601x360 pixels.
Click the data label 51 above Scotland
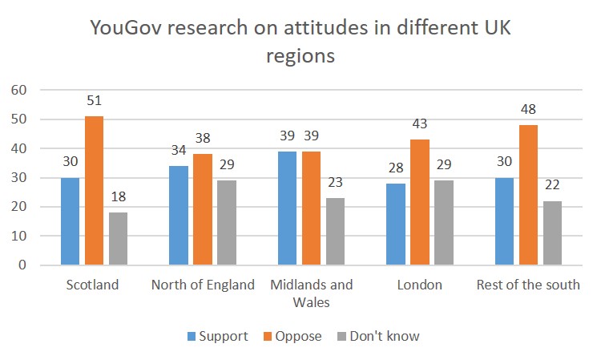(95, 102)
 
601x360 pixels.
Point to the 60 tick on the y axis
(18, 90)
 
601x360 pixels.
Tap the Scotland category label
(94, 285)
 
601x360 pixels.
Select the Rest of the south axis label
(528, 285)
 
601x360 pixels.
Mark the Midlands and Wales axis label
(313, 293)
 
